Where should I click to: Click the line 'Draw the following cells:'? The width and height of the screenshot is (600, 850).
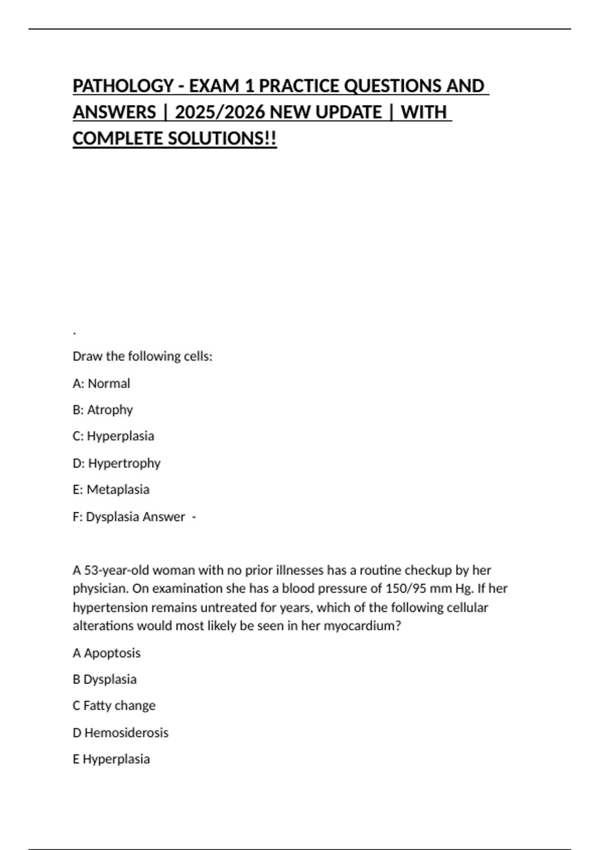pyautogui.click(x=142, y=356)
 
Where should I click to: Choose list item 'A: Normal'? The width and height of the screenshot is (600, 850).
pyautogui.click(x=101, y=383)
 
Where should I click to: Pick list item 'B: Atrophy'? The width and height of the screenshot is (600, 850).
pyautogui.click(x=103, y=410)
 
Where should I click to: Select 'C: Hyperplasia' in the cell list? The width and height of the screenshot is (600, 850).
pyautogui.click(x=113, y=436)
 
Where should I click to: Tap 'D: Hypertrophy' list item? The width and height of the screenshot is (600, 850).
pyautogui.click(x=116, y=463)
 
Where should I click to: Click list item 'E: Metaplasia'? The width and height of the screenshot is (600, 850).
pyautogui.click(x=111, y=489)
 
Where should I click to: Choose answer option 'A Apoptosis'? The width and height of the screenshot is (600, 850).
pyautogui.click(x=106, y=653)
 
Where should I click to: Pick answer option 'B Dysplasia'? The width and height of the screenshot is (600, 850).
pyautogui.click(x=104, y=679)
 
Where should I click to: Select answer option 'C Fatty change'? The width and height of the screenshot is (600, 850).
pyautogui.click(x=114, y=705)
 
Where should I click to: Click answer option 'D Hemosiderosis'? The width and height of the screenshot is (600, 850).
pyautogui.click(x=120, y=732)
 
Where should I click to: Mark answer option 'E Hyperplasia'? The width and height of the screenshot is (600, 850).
pyautogui.click(x=111, y=759)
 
